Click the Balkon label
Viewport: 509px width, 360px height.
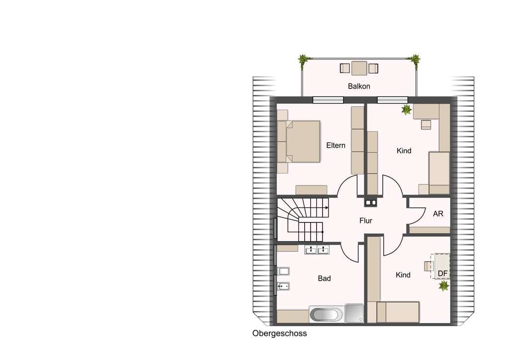[x=359, y=86]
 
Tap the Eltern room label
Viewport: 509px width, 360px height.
[x=336, y=145]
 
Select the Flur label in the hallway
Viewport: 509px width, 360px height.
[x=365, y=221]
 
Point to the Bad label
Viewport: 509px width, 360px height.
[x=324, y=278]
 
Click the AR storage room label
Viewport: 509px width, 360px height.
[x=438, y=214]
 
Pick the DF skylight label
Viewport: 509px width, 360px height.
[x=442, y=273]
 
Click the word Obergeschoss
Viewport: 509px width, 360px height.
[x=279, y=333]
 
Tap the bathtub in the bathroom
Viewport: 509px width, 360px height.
[x=326, y=314]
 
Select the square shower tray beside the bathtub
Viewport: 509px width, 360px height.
[x=354, y=313]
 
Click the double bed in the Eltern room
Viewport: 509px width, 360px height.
[x=299, y=142]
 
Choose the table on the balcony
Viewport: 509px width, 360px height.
[x=359, y=68]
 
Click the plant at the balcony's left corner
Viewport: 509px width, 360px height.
[x=303, y=60]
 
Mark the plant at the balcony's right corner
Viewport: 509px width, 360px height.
[x=415, y=60]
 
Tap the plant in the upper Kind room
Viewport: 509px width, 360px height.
[x=406, y=110]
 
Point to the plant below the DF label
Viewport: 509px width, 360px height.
[x=444, y=286]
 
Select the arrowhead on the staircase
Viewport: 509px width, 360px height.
[x=327, y=208]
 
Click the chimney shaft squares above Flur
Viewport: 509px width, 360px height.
[x=370, y=202]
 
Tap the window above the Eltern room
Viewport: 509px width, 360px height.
[x=328, y=99]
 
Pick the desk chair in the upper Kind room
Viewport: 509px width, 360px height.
[x=426, y=125]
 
